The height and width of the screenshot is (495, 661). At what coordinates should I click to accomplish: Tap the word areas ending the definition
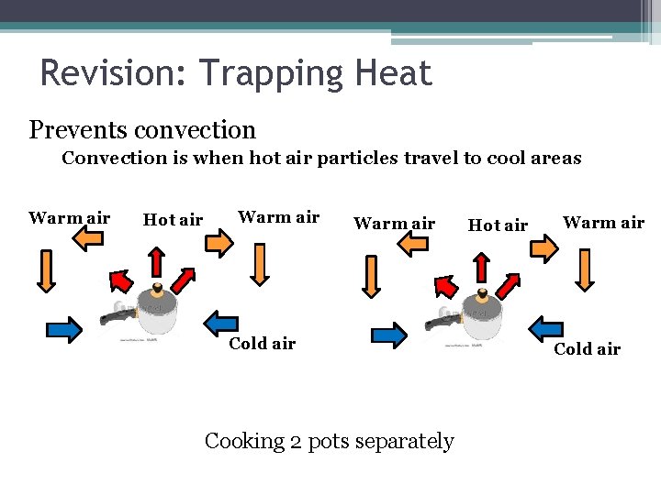pos(555,159)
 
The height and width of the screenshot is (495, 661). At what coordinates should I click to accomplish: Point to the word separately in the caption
pos(403,442)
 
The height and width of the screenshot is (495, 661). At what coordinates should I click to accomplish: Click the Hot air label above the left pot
pos(173,220)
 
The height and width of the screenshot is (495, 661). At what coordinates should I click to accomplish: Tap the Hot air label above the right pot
pos(498,225)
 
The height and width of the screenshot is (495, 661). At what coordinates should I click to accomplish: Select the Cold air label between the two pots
pos(262,344)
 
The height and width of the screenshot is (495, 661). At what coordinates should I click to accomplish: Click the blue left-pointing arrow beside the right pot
pos(546,326)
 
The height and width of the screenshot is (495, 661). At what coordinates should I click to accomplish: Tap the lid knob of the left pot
pos(157,288)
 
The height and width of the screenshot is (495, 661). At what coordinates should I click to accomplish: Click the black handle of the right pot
pos(440,322)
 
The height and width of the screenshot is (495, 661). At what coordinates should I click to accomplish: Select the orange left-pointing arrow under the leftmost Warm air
pos(88,240)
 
